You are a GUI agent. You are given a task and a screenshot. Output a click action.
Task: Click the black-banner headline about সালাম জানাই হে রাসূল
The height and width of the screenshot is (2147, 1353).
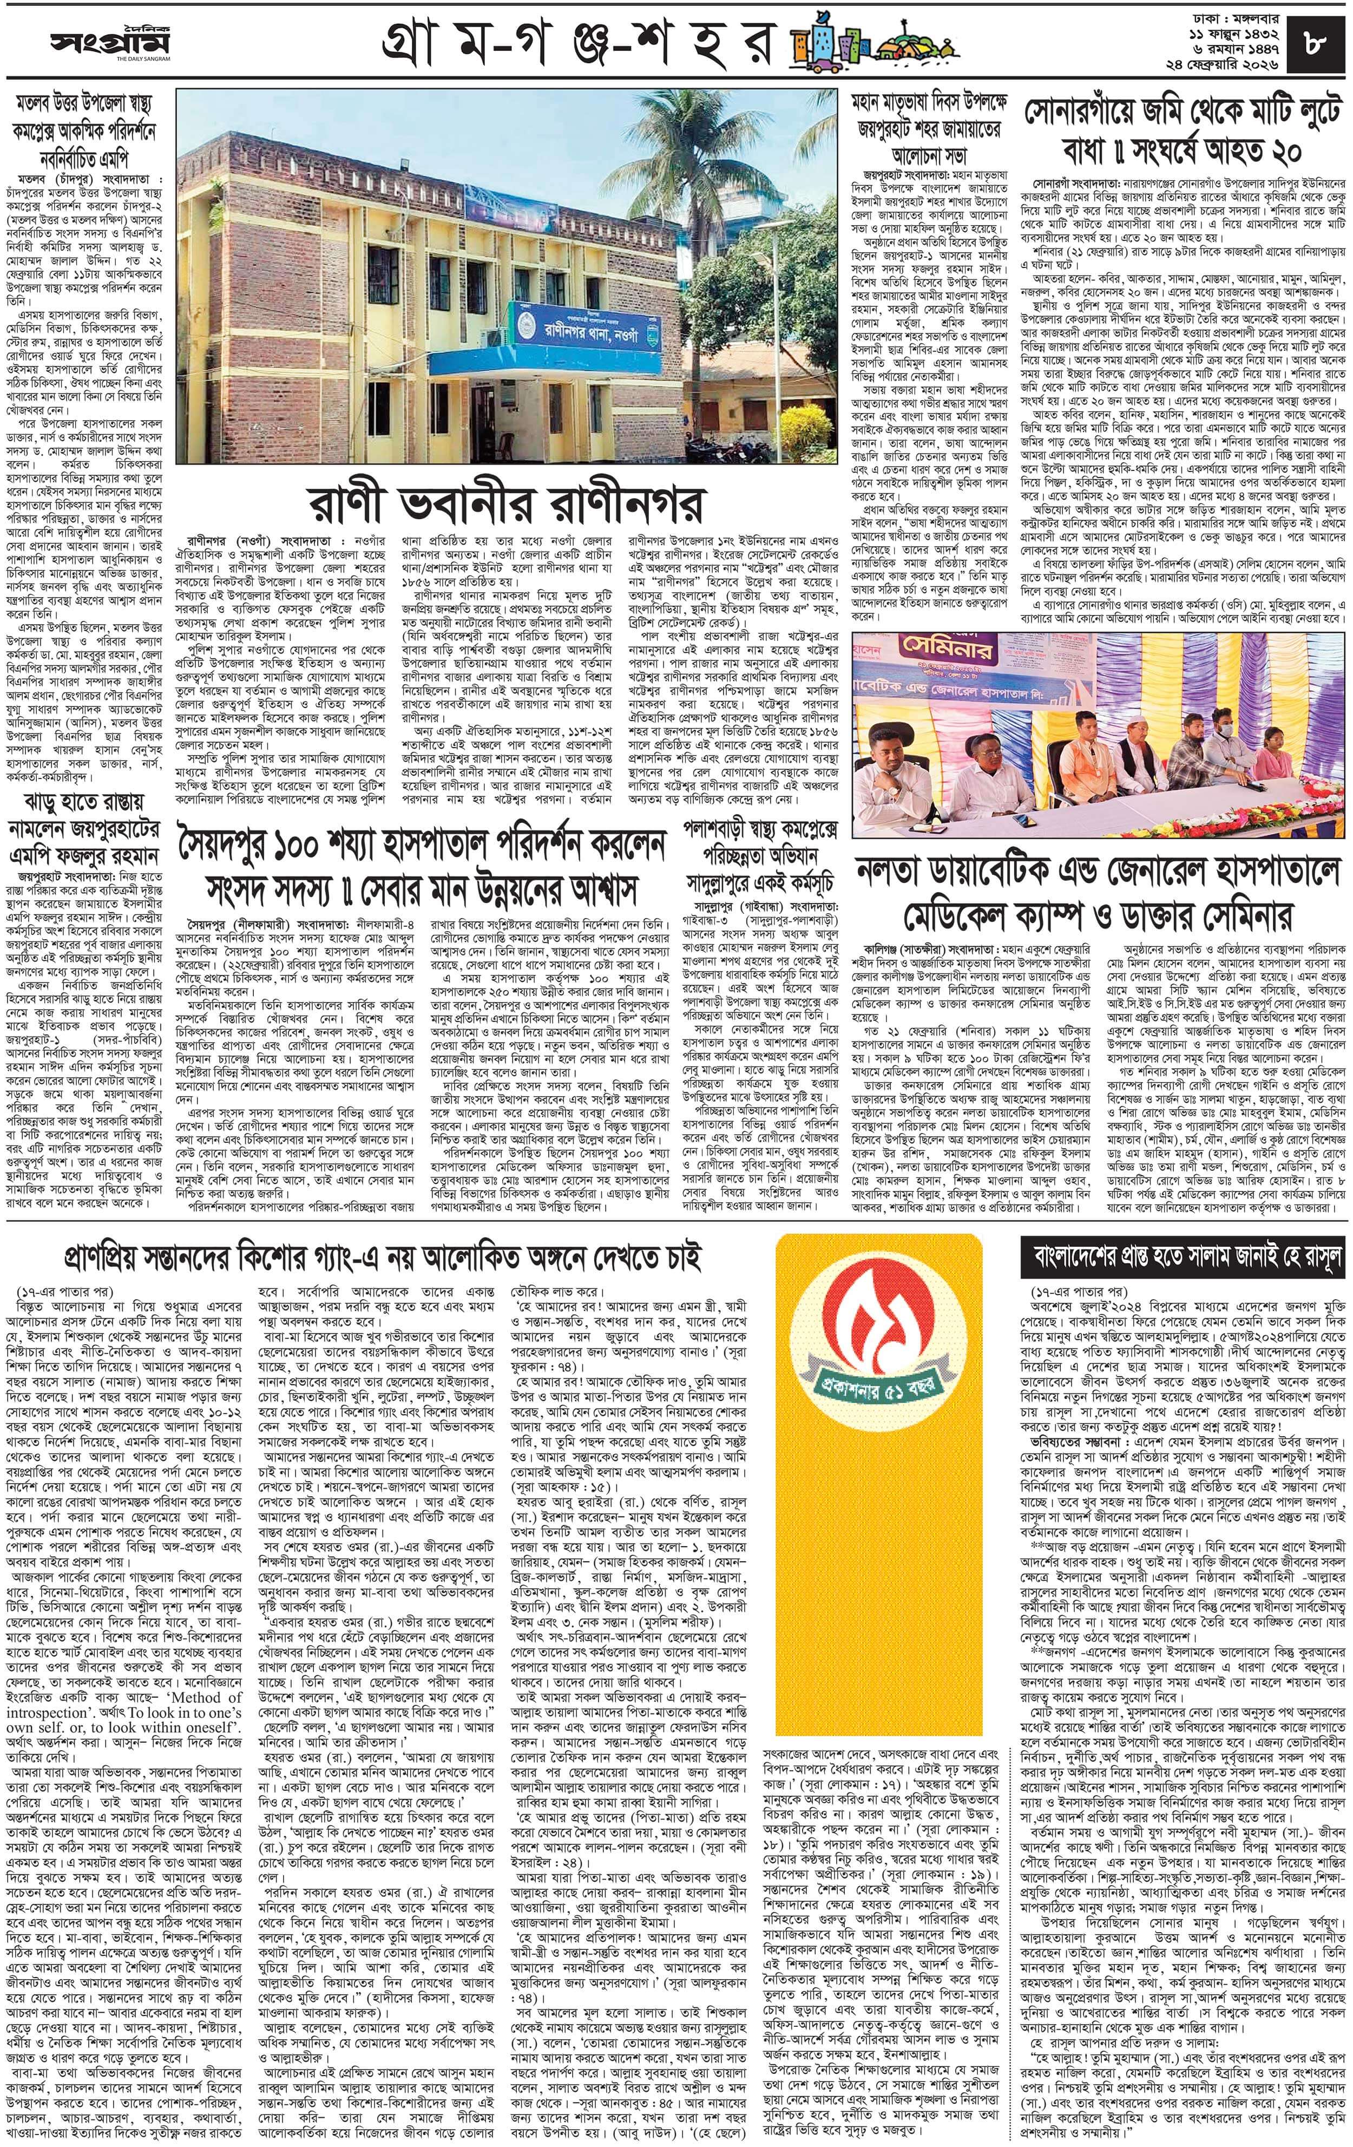[1181, 1259]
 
